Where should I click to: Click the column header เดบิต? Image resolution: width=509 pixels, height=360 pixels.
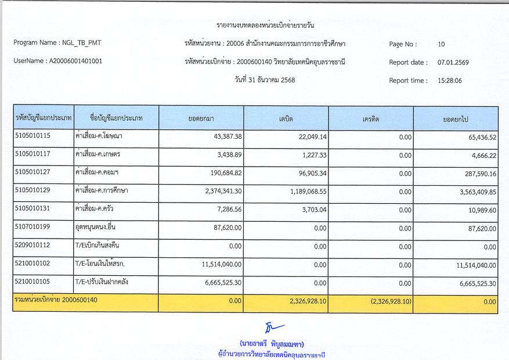[286, 119]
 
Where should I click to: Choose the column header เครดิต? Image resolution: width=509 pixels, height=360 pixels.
[370, 119]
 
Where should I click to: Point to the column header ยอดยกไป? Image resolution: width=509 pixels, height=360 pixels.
[456, 119]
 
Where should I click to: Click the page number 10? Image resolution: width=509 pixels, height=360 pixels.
[441, 44]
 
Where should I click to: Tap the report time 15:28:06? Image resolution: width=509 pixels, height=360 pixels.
[450, 81]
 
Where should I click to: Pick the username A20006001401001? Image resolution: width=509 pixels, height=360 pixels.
[75, 61]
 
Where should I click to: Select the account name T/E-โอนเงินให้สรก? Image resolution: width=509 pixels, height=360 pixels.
[100, 264]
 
